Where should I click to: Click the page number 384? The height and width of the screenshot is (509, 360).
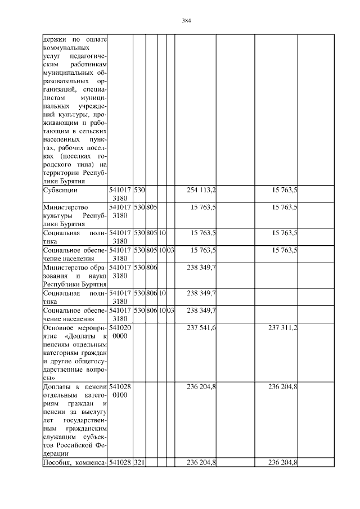187,21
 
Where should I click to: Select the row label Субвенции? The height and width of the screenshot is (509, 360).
59,191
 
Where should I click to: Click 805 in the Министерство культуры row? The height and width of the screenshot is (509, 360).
151,207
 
